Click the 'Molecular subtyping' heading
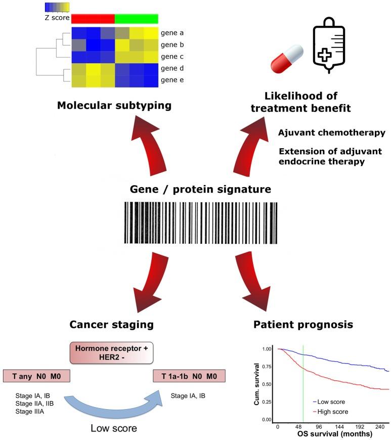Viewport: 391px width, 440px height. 114,105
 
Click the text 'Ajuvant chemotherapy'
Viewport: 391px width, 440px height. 331,132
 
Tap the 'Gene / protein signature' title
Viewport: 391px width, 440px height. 200,190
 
